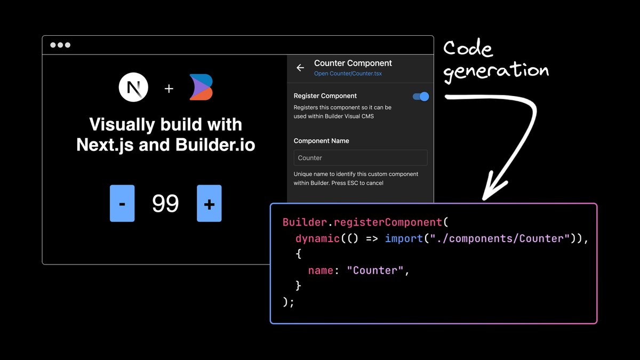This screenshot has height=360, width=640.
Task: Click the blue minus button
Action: click(x=122, y=203)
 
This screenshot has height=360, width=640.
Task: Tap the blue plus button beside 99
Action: click(x=209, y=203)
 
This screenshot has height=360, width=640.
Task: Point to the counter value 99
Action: click(x=165, y=203)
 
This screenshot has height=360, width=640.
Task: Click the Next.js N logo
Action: click(x=133, y=87)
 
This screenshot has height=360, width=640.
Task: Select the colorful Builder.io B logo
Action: click(x=202, y=87)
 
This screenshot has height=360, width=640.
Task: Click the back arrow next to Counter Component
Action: click(x=300, y=68)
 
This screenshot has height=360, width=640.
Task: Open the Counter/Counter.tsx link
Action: click(x=348, y=74)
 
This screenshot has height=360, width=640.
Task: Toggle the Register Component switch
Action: click(x=421, y=97)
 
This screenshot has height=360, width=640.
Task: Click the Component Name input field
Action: click(x=361, y=158)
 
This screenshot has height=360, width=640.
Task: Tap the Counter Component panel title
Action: click(x=353, y=63)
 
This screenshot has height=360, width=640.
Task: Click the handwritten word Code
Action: click(x=468, y=48)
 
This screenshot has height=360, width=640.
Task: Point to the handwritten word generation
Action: click(x=496, y=71)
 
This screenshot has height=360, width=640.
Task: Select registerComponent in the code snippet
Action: click(x=388, y=222)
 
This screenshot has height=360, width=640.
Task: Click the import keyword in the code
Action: click(x=404, y=238)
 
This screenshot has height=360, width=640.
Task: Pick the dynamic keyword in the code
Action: click(x=317, y=238)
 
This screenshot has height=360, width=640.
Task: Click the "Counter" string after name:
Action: click(x=375, y=270)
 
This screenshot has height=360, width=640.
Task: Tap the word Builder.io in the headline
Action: click(x=215, y=145)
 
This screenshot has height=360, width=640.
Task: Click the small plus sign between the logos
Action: click(x=169, y=89)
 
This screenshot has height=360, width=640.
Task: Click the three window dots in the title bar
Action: click(x=60, y=45)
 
